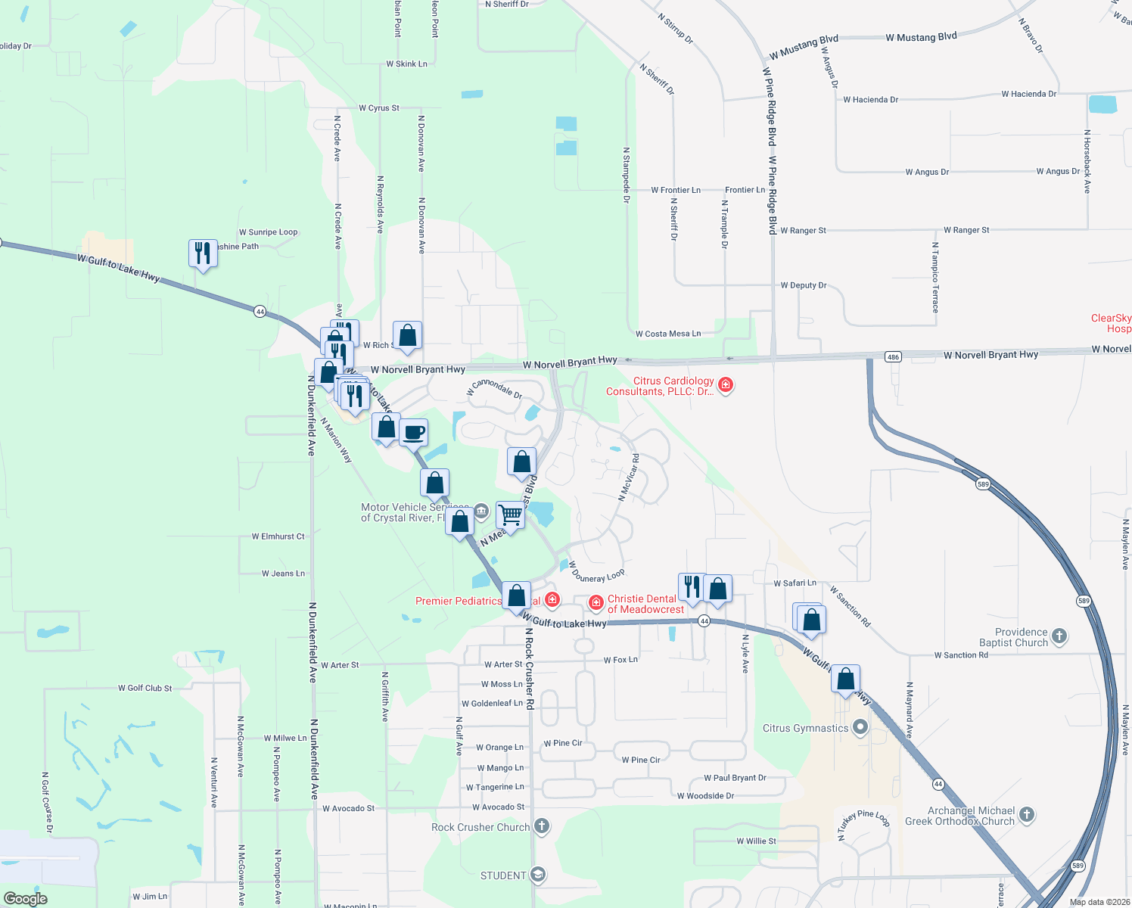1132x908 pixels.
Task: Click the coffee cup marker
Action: click(413, 434)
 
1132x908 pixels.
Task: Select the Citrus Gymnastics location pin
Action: click(860, 728)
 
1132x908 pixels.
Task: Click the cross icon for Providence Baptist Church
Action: click(1059, 636)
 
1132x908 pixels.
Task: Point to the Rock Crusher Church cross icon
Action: click(542, 826)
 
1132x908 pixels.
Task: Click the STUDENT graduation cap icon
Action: click(537, 875)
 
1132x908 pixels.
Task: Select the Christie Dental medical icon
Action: click(596, 603)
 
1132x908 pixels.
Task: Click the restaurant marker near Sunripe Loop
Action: click(203, 253)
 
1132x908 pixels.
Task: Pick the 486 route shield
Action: click(893, 356)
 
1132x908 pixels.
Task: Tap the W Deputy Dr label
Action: click(804, 285)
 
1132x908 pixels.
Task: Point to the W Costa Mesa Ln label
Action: click(668, 334)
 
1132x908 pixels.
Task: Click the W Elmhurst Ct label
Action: click(278, 536)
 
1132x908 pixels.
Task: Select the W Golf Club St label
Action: click(145, 688)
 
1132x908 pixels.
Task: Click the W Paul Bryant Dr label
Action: click(735, 778)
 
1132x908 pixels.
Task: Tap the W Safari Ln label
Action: click(795, 583)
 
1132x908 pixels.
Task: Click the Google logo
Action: click(25, 899)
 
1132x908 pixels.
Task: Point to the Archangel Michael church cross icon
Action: click(1027, 815)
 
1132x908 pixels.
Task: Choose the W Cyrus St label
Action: click(379, 108)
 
